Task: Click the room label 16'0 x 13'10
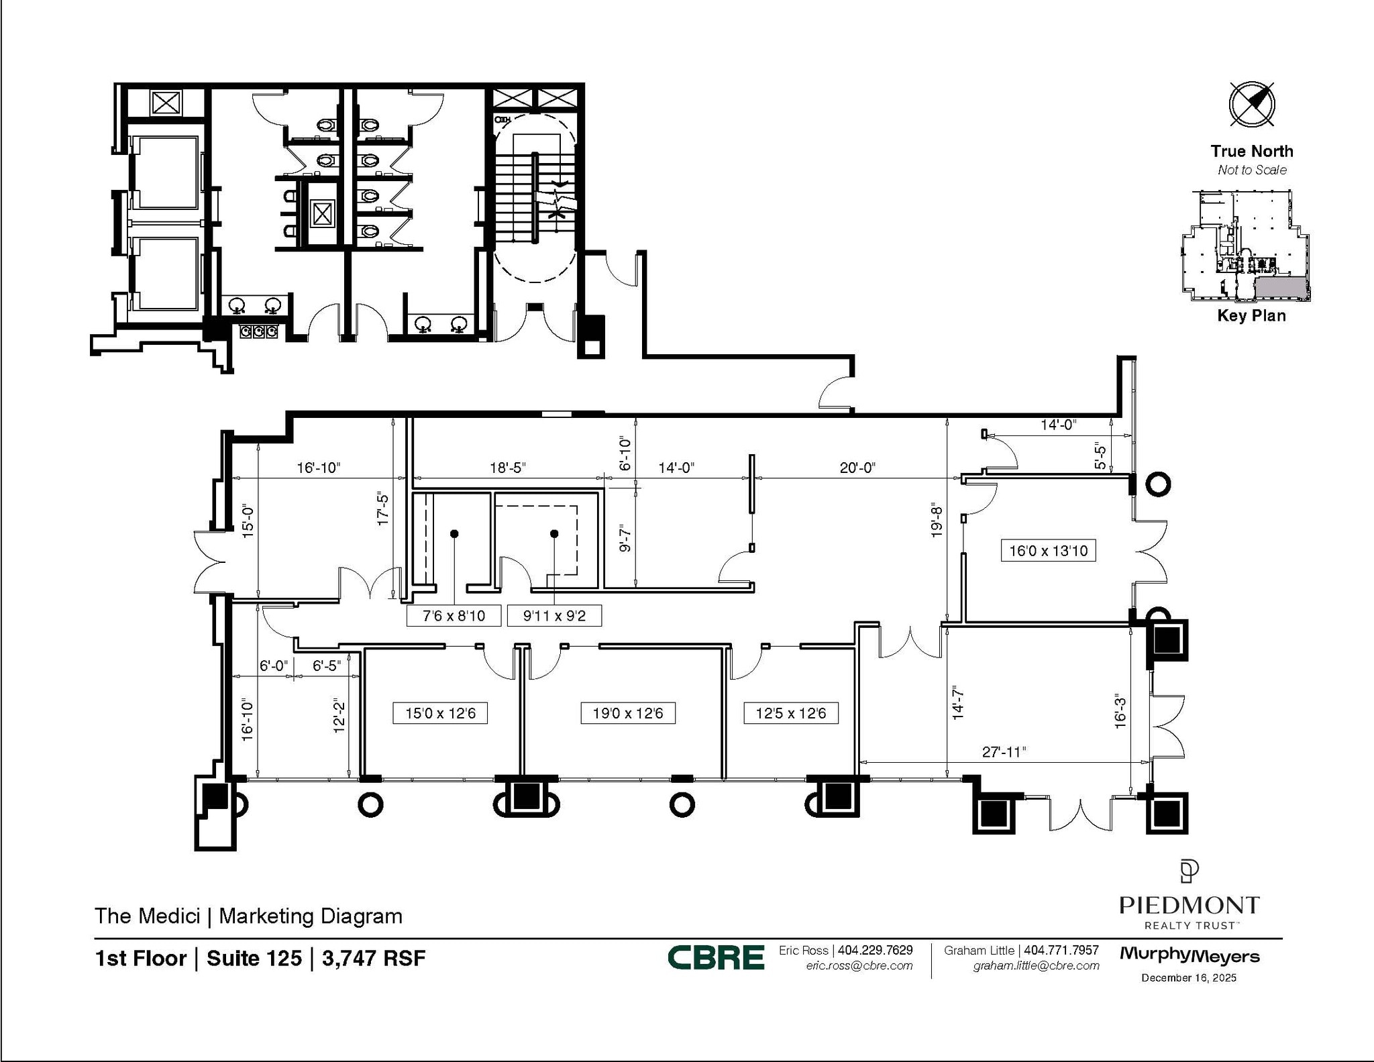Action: click(1048, 551)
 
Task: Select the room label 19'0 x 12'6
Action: click(627, 713)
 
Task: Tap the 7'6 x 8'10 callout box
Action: click(454, 616)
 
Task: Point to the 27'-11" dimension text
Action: click(1004, 752)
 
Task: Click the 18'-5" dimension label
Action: click(507, 468)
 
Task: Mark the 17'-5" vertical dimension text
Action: click(383, 507)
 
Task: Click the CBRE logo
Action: click(716, 957)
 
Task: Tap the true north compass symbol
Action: click(1251, 105)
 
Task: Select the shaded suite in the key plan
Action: click(1280, 287)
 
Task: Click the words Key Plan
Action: click(1251, 315)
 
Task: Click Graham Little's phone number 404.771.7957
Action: click(1061, 950)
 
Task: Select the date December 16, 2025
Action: click(1189, 977)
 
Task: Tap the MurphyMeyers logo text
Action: click(1189, 956)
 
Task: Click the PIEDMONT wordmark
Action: click(1189, 905)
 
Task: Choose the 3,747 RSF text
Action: click(374, 958)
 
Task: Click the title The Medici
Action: click(148, 916)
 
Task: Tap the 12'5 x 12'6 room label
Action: click(790, 713)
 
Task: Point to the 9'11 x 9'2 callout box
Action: click(553, 616)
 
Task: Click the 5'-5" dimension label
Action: click(1100, 456)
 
